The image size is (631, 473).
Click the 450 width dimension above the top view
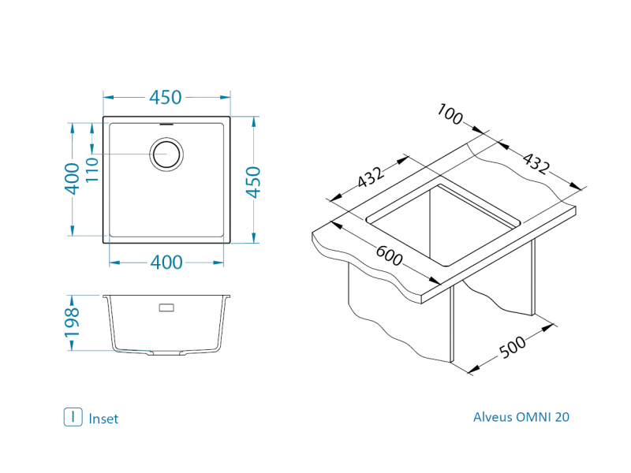(166, 98)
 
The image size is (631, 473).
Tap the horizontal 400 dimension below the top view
(166, 263)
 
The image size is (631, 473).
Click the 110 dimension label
(92, 169)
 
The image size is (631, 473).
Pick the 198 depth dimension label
(72, 324)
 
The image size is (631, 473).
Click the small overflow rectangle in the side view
(167, 307)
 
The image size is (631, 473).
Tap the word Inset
(103, 419)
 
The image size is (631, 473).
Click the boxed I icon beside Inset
(73, 417)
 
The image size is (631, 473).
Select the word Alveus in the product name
(493, 417)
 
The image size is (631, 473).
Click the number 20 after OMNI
(562, 417)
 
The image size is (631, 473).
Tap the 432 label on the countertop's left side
(370, 178)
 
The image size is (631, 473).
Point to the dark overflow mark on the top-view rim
(167, 123)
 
